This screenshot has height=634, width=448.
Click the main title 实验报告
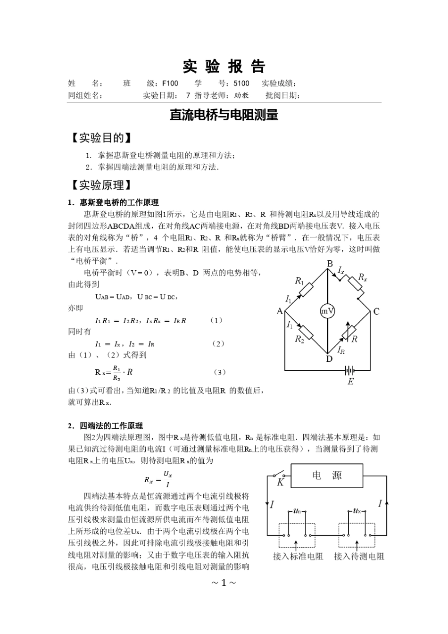coord(224,67)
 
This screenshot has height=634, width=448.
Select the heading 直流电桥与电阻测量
coord(224,115)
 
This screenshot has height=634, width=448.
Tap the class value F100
coord(170,83)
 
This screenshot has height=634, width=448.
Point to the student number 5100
coord(241,83)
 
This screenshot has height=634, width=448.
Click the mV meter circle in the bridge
coord(328,311)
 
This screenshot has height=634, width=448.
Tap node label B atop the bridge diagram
coord(330,263)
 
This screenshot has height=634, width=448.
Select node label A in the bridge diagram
coord(280,311)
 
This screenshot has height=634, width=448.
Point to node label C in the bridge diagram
coord(376,311)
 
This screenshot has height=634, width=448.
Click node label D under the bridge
coord(329,359)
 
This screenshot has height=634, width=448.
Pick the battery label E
coord(350,382)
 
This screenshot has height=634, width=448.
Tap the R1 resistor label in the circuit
coord(299,281)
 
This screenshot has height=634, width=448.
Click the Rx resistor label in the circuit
coord(362,277)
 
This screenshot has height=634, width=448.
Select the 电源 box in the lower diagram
coord(327,475)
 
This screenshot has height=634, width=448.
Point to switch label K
coord(280,482)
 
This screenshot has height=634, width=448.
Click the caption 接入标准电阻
coord(298,556)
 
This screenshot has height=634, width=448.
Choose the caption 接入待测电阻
coord(359,556)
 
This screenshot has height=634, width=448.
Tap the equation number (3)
coord(219,372)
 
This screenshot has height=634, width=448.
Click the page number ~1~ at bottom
coord(224,583)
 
